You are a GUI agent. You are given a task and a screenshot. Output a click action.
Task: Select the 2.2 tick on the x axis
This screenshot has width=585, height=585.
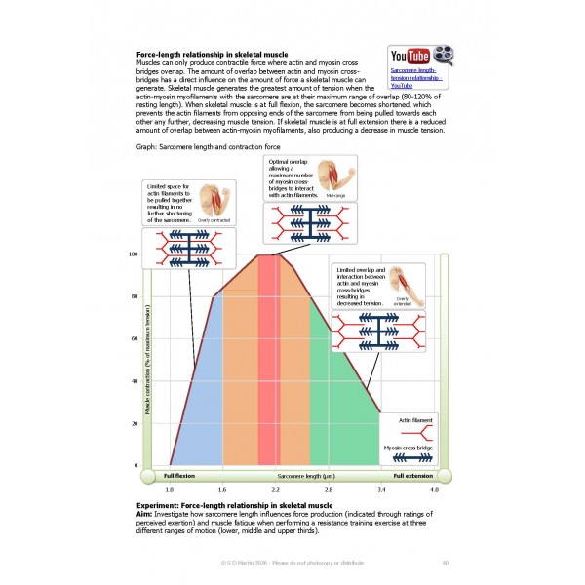click(275, 488)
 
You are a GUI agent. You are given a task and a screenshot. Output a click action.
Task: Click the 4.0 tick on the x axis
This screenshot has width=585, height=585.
click(434, 488)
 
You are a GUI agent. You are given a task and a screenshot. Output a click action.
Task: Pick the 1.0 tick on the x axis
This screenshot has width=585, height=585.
click(169, 488)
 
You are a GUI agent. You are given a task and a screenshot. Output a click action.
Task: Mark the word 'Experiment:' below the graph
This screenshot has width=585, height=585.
click(161, 505)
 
